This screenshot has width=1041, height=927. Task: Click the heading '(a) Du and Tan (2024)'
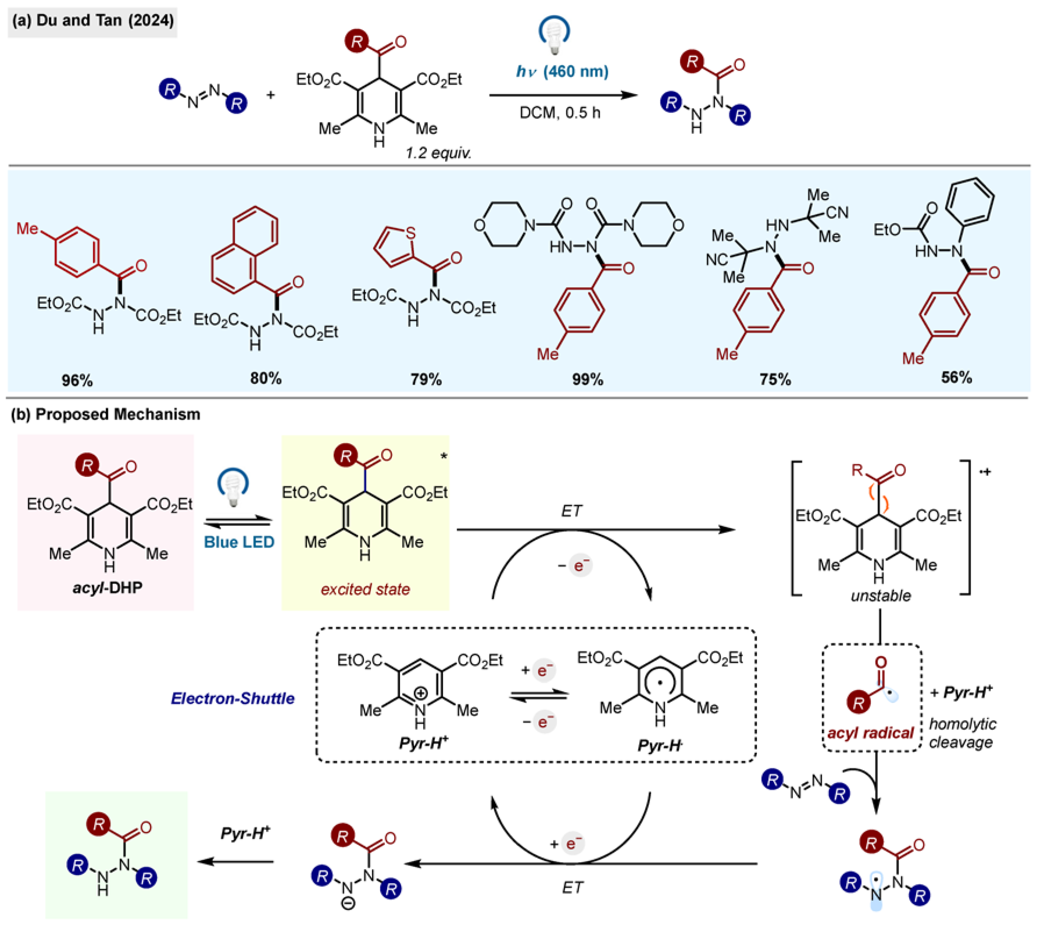pos(93,21)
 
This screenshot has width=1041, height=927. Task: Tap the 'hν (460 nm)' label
pos(562,71)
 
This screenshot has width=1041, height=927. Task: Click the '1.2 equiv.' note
pos(438,153)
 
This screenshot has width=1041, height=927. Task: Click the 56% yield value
pos(956,377)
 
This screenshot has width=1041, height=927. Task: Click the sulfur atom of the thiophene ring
pos(410,233)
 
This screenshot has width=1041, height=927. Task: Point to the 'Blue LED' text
pos(239,542)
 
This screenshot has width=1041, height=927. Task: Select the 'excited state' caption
pos(365,589)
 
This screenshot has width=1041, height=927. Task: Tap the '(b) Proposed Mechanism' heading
pos(105,414)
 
